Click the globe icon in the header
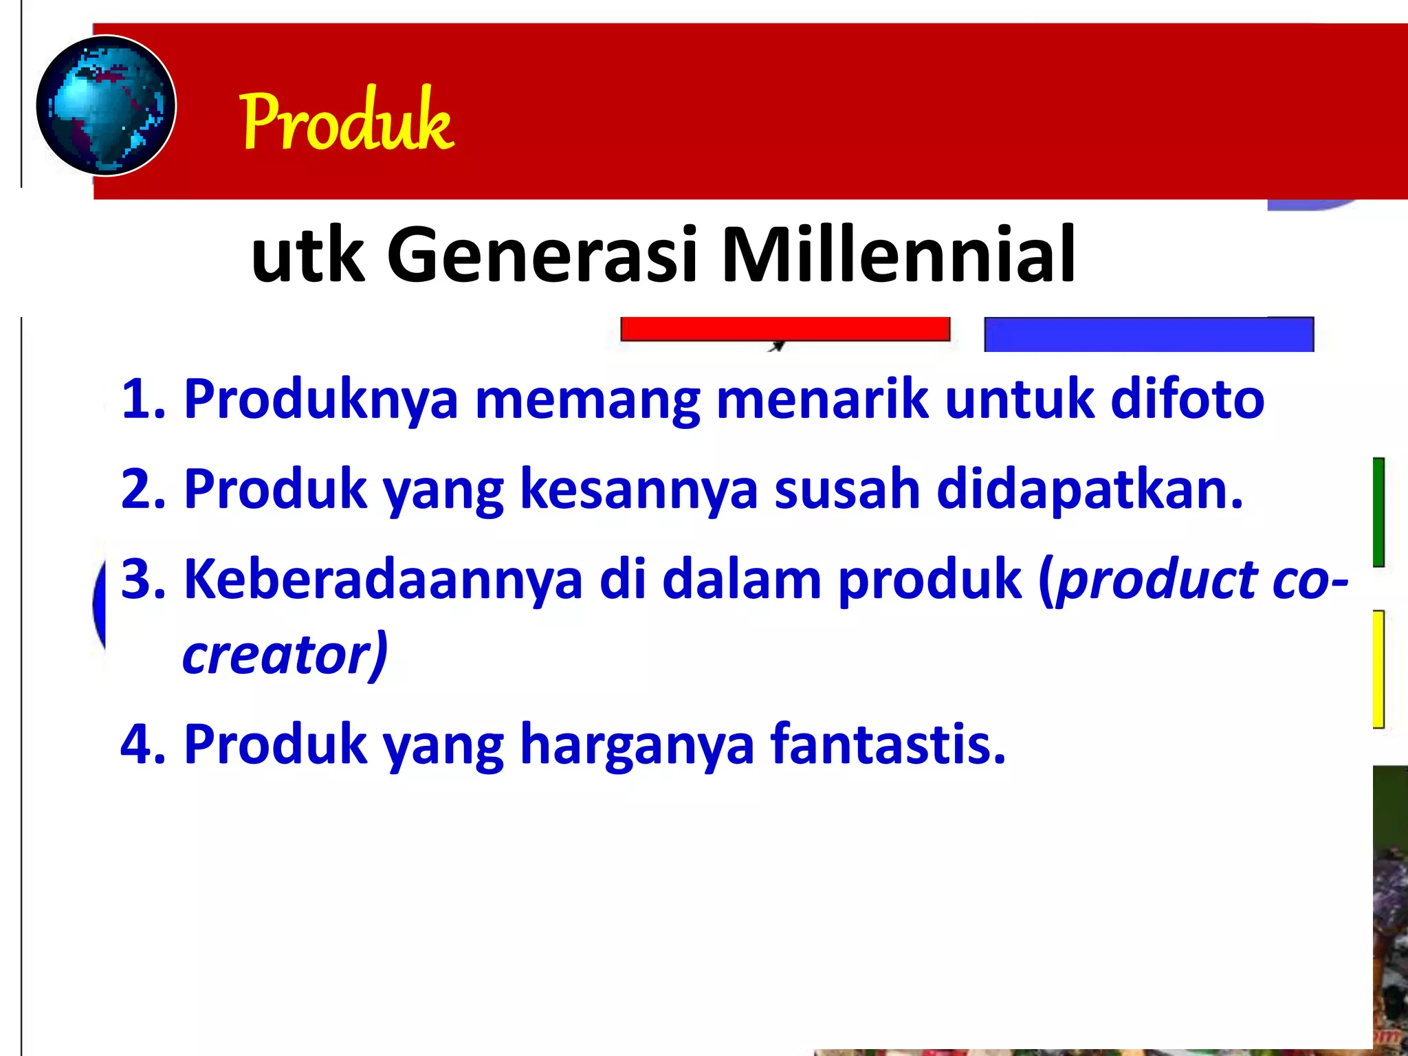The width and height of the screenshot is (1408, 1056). click(x=106, y=105)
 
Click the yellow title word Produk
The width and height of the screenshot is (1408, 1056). click(x=346, y=120)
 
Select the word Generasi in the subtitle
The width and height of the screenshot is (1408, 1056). click(x=542, y=254)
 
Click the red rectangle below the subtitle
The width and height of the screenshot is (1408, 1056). click(x=784, y=329)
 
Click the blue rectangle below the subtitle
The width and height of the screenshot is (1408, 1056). click(x=1148, y=334)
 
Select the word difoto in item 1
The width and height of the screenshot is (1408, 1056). click(x=1187, y=399)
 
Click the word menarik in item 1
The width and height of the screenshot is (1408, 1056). click(x=822, y=399)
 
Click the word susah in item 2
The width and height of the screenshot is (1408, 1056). click(x=847, y=489)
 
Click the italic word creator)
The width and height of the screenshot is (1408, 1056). click(x=285, y=654)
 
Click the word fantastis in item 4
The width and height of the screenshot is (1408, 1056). click(x=887, y=744)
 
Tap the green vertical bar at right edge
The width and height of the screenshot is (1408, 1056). click(x=1378, y=512)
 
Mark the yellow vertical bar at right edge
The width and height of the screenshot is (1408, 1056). click(x=1378, y=668)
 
